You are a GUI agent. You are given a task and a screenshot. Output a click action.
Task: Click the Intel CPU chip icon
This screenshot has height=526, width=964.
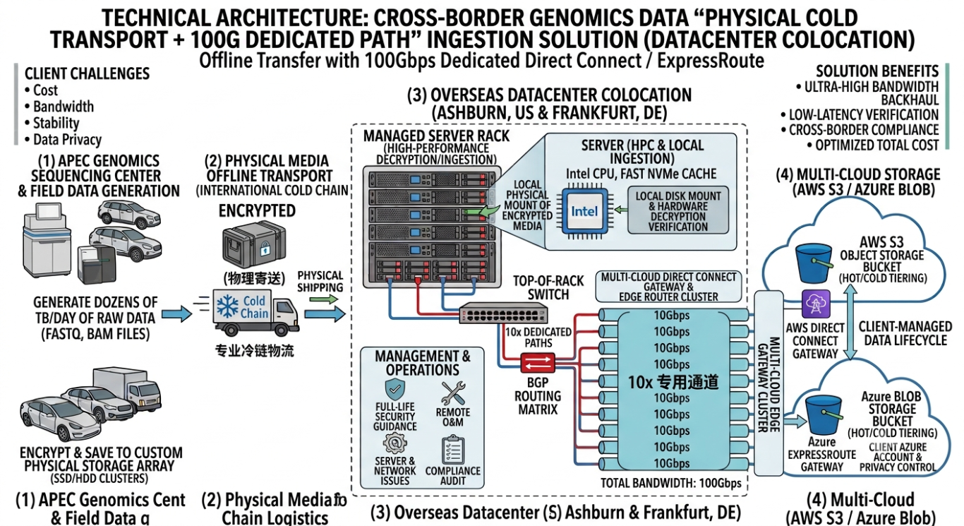pyautogui.click(x=584, y=211)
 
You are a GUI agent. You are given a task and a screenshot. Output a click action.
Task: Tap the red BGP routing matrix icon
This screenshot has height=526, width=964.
pyautogui.click(x=538, y=363)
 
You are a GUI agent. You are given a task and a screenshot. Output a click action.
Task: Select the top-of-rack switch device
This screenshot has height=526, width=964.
pyautogui.click(x=503, y=313)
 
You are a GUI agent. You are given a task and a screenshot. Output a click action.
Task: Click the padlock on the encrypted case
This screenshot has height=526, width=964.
pyautogui.click(x=265, y=249)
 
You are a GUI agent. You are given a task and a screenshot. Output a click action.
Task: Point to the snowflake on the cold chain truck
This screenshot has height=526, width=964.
pyautogui.click(x=227, y=307)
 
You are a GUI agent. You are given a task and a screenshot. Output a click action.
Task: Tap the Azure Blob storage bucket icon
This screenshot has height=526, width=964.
pyautogui.click(x=824, y=415)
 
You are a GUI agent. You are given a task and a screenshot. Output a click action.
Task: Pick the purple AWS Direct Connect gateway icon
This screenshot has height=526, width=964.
pyautogui.click(x=816, y=304)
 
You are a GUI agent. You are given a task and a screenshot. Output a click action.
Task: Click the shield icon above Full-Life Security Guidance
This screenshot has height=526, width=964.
pyautogui.click(x=394, y=389)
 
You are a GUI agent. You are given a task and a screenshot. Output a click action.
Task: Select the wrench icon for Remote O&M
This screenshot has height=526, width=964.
pyautogui.click(x=453, y=393)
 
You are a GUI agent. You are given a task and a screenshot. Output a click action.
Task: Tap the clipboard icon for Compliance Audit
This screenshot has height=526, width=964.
pyautogui.click(x=453, y=450)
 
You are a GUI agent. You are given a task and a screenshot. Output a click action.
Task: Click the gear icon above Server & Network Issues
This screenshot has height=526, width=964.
pyautogui.click(x=394, y=443)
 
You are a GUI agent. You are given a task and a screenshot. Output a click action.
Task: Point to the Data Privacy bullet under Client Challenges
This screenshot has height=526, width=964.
pyautogui.click(x=63, y=140)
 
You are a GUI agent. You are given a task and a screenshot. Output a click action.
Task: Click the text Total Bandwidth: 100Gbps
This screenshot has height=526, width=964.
pyautogui.click(x=671, y=483)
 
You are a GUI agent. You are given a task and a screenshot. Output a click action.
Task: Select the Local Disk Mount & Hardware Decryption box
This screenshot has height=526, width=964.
pyautogui.click(x=678, y=210)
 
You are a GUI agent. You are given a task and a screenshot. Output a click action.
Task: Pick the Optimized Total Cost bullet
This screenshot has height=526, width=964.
pyautogui.click(x=873, y=145)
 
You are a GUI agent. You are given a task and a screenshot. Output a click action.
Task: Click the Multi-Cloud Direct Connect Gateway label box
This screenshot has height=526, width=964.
pyautogui.click(x=668, y=287)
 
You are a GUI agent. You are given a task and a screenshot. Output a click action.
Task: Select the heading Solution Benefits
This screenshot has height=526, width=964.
pyautogui.click(x=877, y=71)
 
